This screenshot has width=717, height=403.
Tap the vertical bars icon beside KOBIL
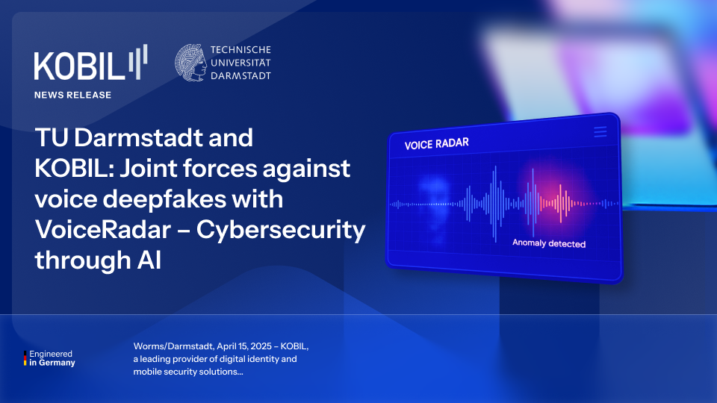(137, 62)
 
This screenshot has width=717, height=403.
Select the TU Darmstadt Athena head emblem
(190, 63)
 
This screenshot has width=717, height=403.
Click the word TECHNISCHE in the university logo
(240, 50)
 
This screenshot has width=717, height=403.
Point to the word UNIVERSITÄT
(240, 63)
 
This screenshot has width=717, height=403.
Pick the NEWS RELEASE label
(72, 95)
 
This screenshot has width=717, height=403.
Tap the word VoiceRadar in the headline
(103, 229)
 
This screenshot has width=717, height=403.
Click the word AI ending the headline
(149, 260)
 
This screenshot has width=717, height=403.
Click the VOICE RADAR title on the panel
(437, 143)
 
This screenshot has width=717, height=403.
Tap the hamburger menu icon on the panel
(600, 131)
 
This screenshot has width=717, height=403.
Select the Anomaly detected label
(549, 243)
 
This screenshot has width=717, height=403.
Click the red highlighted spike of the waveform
(561, 203)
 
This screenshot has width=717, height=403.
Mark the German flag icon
(25, 358)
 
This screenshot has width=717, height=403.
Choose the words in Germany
(52, 363)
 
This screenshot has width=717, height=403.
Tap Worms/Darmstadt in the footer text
(173, 346)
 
